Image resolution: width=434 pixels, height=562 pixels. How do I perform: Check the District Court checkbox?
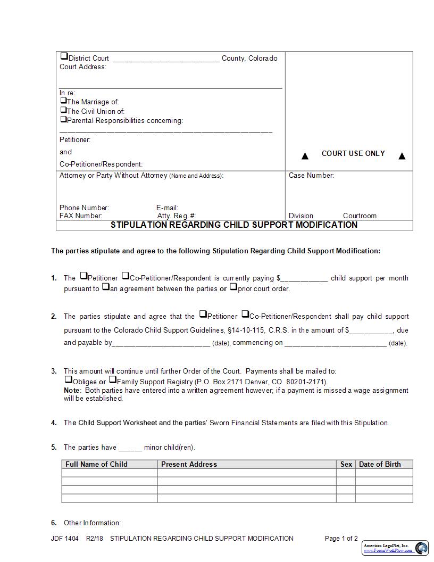point(64,56)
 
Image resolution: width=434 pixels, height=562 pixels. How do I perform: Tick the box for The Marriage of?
point(63,100)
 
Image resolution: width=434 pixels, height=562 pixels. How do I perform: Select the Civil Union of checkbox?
point(63,110)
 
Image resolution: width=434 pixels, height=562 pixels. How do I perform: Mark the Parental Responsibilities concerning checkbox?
point(63,119)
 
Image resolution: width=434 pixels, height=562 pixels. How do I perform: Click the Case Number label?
point(311,176)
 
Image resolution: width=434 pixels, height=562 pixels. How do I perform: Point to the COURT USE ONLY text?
point(353,153)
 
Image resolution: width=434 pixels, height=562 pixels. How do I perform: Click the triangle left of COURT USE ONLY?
point(305,156)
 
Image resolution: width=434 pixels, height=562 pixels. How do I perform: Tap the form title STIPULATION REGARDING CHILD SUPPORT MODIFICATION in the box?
point(234,225)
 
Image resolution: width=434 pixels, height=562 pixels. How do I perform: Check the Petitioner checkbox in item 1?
point(84,276)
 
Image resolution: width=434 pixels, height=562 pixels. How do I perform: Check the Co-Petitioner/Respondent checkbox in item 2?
point(245,314)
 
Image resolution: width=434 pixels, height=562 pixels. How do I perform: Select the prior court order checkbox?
point(233,287)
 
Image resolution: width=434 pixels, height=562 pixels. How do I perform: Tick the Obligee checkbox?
point(68,379)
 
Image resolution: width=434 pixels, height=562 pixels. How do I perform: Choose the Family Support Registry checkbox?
point(112,379)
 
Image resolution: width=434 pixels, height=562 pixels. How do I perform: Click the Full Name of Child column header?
point(96,464)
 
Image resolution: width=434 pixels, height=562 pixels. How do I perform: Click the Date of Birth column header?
point(380,464)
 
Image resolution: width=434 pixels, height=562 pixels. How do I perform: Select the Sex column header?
point(346,464)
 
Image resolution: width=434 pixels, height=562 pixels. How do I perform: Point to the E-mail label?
point(167,208)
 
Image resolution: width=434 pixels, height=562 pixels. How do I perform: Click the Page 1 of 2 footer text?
point(341,539)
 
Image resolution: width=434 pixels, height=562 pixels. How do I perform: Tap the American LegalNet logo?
point(395,548)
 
